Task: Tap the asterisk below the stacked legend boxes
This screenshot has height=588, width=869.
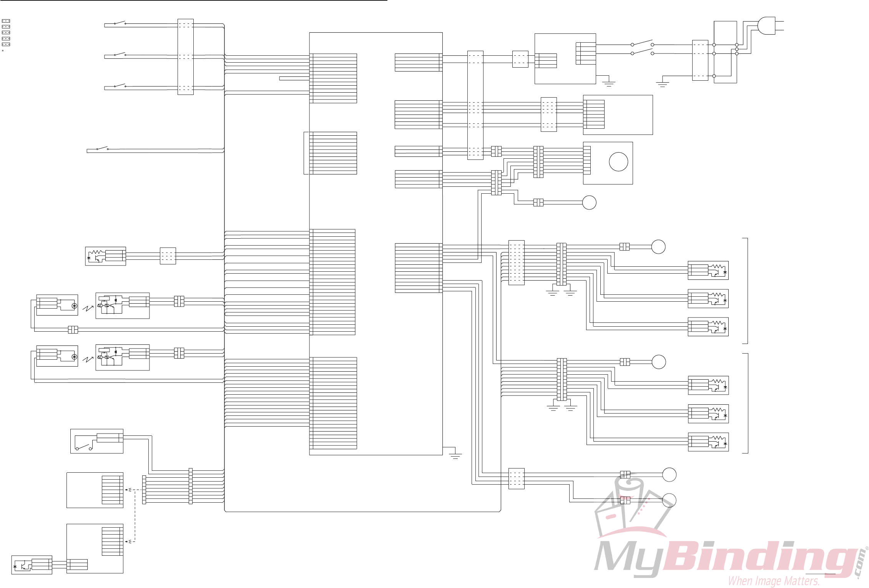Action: pyautogui.click(x=3, y=51)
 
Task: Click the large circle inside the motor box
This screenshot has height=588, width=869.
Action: pyautogui.click(x=618, y=162)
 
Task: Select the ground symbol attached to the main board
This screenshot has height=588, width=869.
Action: pyautogui.click(x=455, y=456)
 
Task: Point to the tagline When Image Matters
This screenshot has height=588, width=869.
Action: pyautogui.click(x=773, y=581)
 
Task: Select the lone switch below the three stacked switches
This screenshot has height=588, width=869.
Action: pyautogui.click(x=102, y=149)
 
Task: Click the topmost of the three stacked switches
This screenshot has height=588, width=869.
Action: pyautogui.click(x=120, y=23)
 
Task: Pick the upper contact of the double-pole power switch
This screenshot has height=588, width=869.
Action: pyautogui.click(x=642, y=42)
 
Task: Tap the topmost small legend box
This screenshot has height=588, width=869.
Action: pyautogui.click(x=6, y=21)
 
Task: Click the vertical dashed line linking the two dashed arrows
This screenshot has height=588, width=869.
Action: pyautogui.click(x=135, y=515)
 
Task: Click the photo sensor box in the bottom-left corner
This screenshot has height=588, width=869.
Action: pyautogui.click(x=32, y=565)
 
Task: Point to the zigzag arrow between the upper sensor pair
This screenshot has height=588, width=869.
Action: pyautogui.click(x=88, y=308)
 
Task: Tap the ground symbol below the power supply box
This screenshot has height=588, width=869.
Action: pyautogui.click(x=608, y=83)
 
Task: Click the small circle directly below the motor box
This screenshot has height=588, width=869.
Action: pyautogui.click(x=589, y=203)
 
